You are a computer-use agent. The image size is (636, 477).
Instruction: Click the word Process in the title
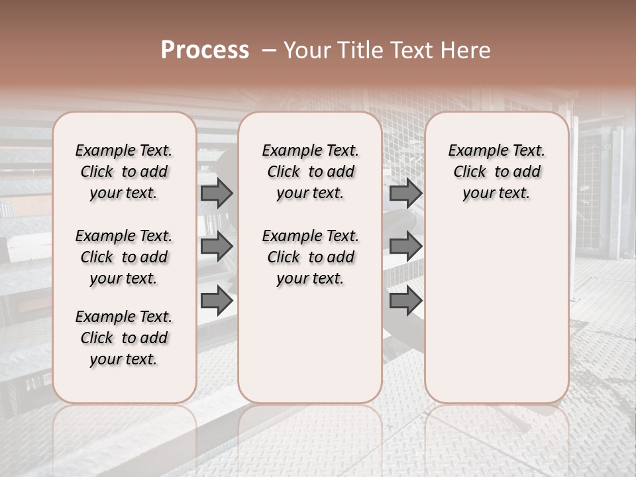205,50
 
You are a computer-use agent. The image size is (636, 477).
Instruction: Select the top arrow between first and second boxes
217,193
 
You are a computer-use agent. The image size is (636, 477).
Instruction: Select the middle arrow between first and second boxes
217,247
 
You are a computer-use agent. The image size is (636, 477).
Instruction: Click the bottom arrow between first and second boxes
217,301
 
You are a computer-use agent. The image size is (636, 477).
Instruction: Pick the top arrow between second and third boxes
405,193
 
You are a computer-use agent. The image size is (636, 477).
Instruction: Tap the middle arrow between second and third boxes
405,247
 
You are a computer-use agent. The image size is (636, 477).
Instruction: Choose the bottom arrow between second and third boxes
405,301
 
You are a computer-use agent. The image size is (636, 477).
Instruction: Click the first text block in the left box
124,172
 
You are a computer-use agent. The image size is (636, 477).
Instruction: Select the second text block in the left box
124,257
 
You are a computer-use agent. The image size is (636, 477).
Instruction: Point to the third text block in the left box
124,338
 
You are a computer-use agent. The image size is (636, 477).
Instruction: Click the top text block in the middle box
310,172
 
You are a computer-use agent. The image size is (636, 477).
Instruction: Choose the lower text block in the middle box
310,257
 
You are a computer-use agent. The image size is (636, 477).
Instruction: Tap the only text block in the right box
497,172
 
